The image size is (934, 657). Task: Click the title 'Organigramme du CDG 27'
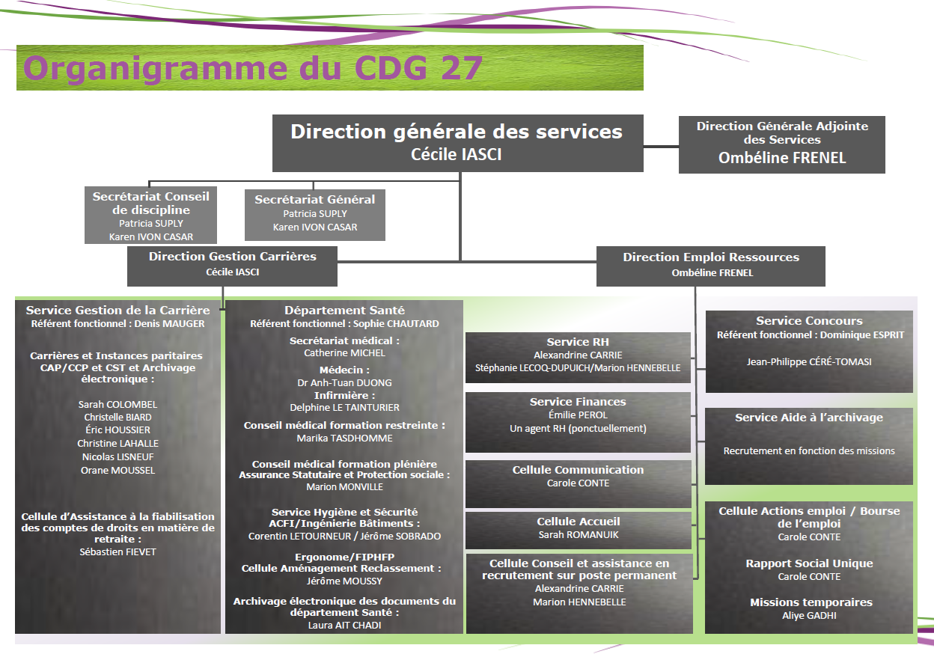pyautogui.click(x=253, y=68)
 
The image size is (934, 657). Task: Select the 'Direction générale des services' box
pyautogui.click(x=458, y=143)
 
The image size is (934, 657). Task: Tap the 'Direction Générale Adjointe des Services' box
pyautogui.click(x=782, y=144)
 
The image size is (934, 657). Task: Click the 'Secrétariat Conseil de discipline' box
pyautogui.click(x=150, y=215)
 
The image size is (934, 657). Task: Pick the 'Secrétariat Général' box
pyautogui.click(x=315, y=215)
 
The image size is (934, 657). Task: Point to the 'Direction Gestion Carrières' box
pyautogui.click(x=232, y=266)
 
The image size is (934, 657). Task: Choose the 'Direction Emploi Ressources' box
pyautogui.click(x=711, y=266)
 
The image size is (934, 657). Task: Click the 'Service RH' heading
pyautogui.click(x=578, y=342)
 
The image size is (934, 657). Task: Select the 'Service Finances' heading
pyautogui.click(x=578, y=402)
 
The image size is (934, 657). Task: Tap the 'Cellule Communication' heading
pyautogui.click(x=578, y=470)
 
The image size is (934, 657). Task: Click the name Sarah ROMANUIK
pyautogui.click(x=579, y=535)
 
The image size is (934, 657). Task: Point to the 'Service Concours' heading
pyautogui.click(x=809, y=320)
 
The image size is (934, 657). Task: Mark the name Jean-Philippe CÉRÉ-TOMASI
pyautogui.click(x=809, y=362)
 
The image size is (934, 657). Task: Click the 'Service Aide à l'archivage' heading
pyautogui.click(x=809, y=418)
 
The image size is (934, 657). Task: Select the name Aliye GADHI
pyautogui.click(x=809, y=616)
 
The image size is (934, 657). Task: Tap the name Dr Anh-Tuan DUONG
pyautogui.click(x=344, y=382)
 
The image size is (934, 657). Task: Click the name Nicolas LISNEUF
pyautogui.click(x=118, y=457)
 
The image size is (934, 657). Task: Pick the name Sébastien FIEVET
pyautogui.click(x=118, y=552)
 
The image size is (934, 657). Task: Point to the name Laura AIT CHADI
pyautogui.click(x=344, y=626)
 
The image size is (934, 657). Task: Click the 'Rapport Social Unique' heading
pyautogui.click(x=809, y=563)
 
